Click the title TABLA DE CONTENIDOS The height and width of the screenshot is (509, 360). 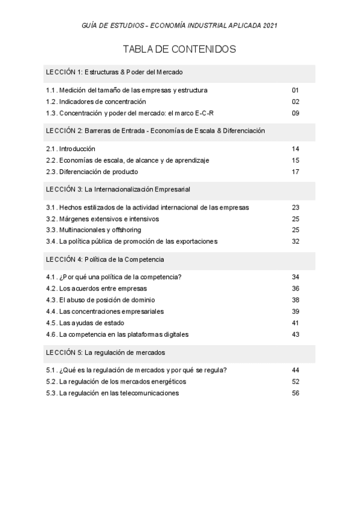pyautogui.click(x=179, y=49)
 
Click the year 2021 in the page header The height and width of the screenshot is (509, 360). pyautogui.click(x=269, y=26)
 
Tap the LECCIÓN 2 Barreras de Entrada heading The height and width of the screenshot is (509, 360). pyautogui.click(x=155, y=130)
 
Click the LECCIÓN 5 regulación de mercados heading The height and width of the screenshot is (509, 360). pyautogui.click(x=106, y=352)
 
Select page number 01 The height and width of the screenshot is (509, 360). pyautogui.click(x=295, y=90)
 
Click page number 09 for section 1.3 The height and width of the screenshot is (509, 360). pyautogui.click(x=295, y=113)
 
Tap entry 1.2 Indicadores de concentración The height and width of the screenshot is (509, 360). pyautogui.click(x=96, y=101)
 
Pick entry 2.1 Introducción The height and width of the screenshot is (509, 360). pyautogui.click(x=71, y=148)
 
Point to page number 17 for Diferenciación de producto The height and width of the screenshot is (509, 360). pyautogui.click(x=295, y=172)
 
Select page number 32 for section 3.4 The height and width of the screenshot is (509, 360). pyautogui.click(x=295, y=241)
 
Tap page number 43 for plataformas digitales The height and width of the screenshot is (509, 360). pyautogui.click(x=295, y=334)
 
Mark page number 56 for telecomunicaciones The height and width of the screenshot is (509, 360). pyautogui.click(x=295, y=393)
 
